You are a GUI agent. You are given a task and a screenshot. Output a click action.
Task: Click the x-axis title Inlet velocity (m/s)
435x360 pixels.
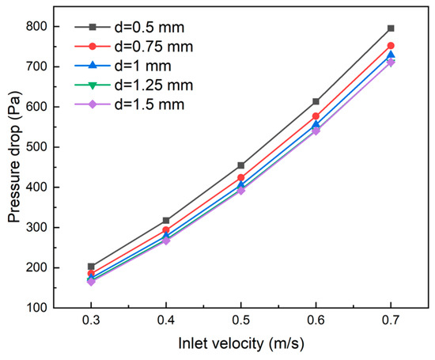(241, 345)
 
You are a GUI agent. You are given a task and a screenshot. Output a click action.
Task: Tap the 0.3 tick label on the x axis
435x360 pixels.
(91, 324)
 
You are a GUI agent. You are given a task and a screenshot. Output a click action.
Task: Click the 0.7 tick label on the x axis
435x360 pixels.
(391, 324)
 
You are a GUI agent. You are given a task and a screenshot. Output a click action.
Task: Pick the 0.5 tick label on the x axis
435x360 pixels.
(240, 324)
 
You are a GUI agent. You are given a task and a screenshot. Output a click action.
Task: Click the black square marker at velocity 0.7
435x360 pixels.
(391, 28)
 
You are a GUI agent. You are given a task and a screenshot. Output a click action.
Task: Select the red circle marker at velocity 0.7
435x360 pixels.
(391, 46)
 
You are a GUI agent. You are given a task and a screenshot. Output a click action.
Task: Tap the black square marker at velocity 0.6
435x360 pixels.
(316, 101)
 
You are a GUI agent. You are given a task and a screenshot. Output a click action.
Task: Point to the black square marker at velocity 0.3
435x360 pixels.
(91, 267)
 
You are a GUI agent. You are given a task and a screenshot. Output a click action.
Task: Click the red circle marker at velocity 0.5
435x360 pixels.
(240, 177)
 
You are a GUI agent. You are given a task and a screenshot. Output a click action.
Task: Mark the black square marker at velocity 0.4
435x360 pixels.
(166, 220)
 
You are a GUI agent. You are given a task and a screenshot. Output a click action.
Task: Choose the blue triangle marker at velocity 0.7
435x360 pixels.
(391, 55)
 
